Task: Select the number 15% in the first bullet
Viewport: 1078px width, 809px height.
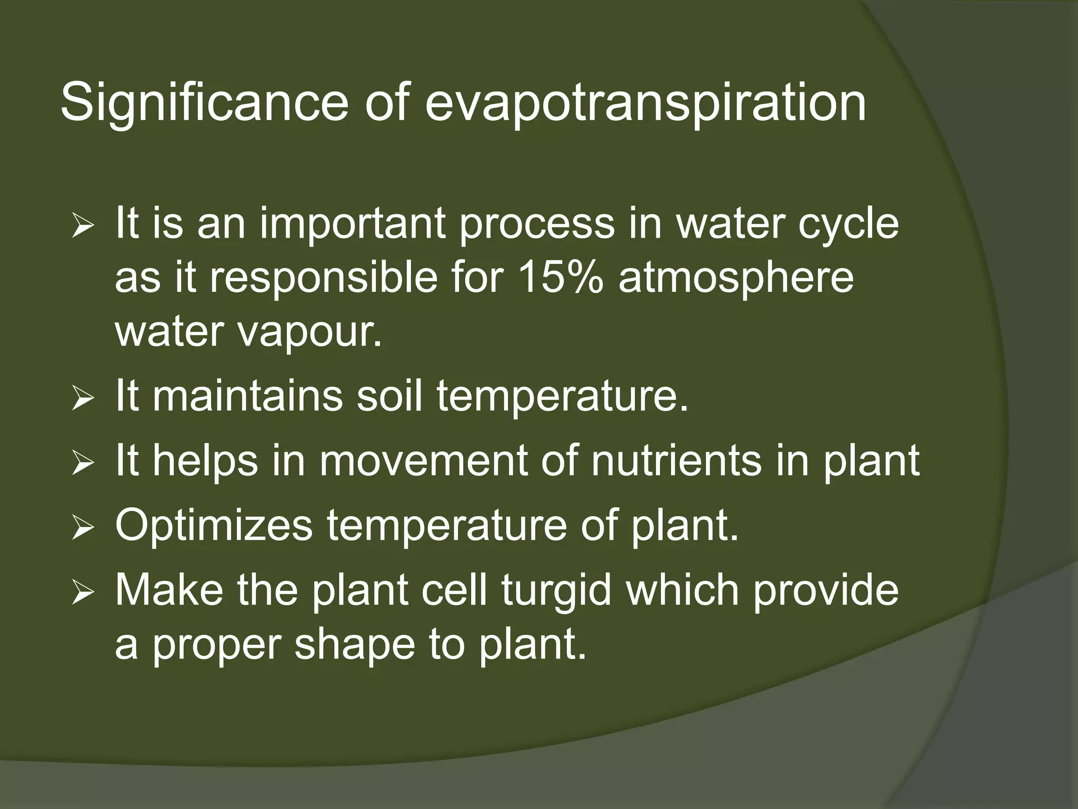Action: click(x=561, y=278)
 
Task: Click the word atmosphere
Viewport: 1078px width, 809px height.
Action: click(x=736, y=278)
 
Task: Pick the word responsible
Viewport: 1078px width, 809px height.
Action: click(x=324, y=278)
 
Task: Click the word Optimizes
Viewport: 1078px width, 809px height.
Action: click(x=214, y=525)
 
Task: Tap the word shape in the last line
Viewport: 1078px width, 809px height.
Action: click(x=355, y=645)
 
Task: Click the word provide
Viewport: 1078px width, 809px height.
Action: click(x=825, y=590)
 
